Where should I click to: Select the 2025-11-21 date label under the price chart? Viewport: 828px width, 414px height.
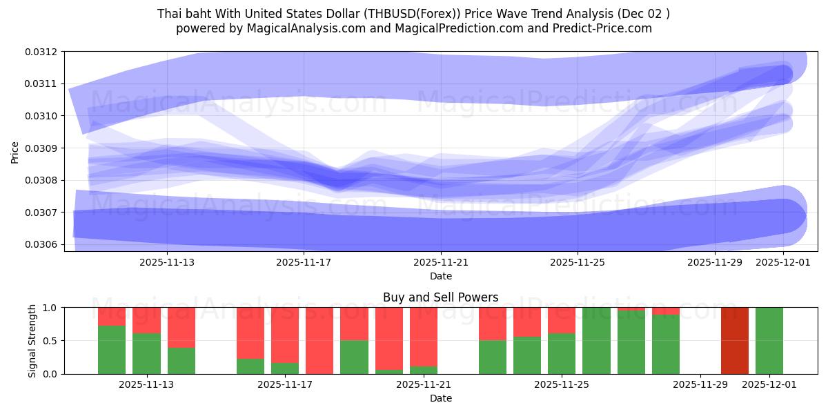(x=440, y=262)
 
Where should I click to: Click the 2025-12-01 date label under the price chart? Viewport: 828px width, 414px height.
(x=783, y=262)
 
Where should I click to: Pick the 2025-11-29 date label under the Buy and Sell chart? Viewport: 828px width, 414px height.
(x=700, y=385)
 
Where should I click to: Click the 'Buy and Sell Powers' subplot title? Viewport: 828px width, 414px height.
(x=440, y=298)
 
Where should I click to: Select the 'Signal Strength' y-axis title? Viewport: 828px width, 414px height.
(x=32, y=341)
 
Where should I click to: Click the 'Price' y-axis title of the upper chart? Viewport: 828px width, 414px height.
(x=15, y=152)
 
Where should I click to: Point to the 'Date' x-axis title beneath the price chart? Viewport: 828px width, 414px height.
(x=440, y=276)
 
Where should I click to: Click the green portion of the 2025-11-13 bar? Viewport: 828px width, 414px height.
(x=146, y=353)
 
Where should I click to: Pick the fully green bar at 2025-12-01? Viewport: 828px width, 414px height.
(x=769, y=341)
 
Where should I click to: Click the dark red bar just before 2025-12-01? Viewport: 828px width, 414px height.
(x=734, y=341)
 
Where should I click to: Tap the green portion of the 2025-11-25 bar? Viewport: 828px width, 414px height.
(x=562, y=353)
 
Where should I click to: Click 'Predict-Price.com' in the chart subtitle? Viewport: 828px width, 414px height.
(x=604, y=28)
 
